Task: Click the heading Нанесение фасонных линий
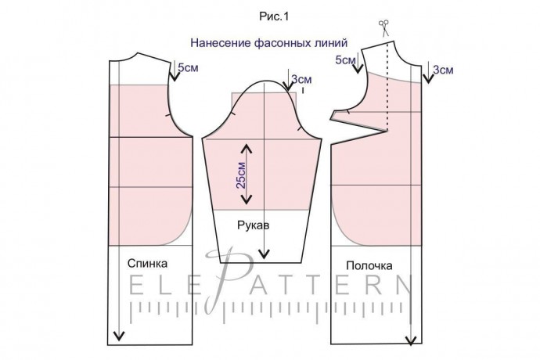[x=269, y=45]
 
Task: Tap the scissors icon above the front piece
[x=385, y=27]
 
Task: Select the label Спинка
[x=146, y=265]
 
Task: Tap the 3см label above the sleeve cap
[x=301, y=79]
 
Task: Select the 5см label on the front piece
[x=346, y=59]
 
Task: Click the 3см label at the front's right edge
[x=443, y=70]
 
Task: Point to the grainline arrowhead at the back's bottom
[x=119, y=337]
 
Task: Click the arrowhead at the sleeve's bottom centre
[x=266, y=254]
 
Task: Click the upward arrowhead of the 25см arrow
[x=246, y=146]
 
